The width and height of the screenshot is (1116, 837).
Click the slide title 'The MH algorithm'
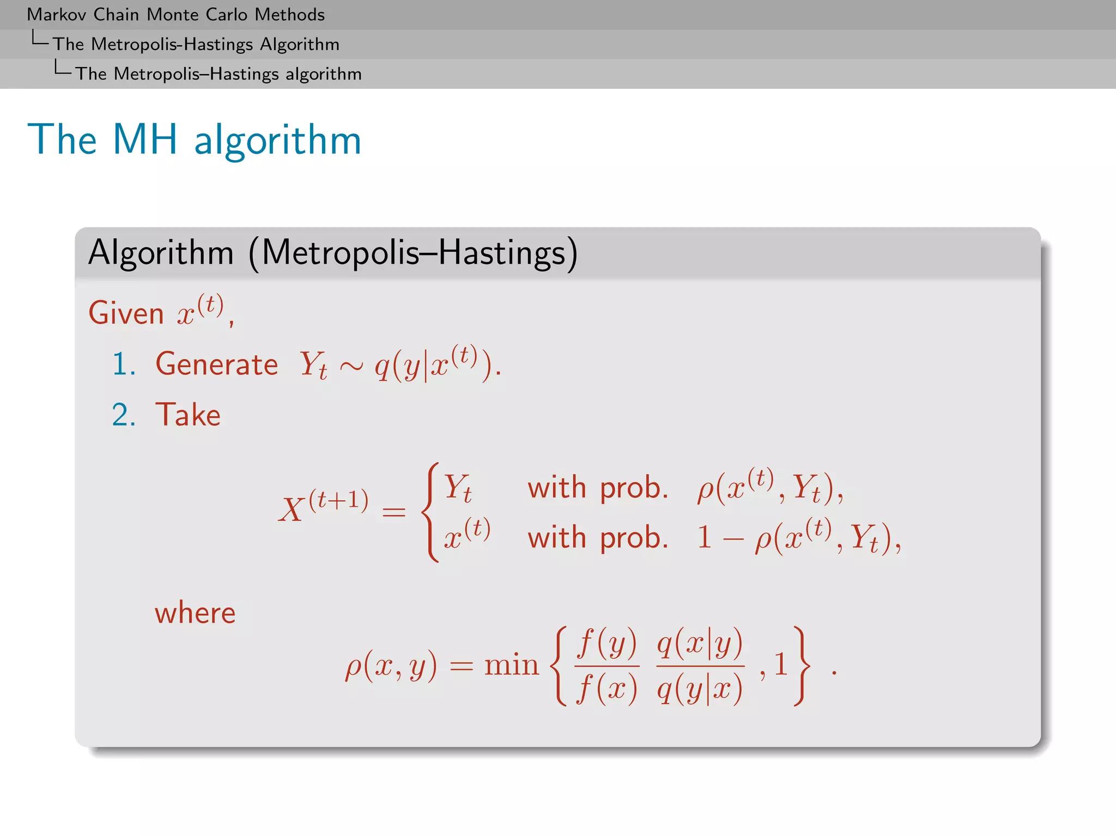[194, 139]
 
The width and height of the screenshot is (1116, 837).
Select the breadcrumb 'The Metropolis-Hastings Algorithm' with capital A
[196, 44]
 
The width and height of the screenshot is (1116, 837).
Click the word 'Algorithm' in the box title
[161, 253]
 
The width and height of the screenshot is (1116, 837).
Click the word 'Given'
[126, 314]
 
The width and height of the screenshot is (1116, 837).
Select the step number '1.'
[124, 364]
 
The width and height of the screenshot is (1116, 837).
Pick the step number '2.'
[124, 415]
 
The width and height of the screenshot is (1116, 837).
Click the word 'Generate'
[216, 364]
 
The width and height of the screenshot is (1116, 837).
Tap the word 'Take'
[188, 415]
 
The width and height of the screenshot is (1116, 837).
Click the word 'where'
[195, 613]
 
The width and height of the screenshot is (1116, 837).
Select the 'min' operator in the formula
[511, 665]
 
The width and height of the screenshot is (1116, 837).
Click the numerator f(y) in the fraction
[607, 643]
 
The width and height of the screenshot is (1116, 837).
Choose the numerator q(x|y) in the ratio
[700, 643]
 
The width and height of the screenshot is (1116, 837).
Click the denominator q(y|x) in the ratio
[700, 689]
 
